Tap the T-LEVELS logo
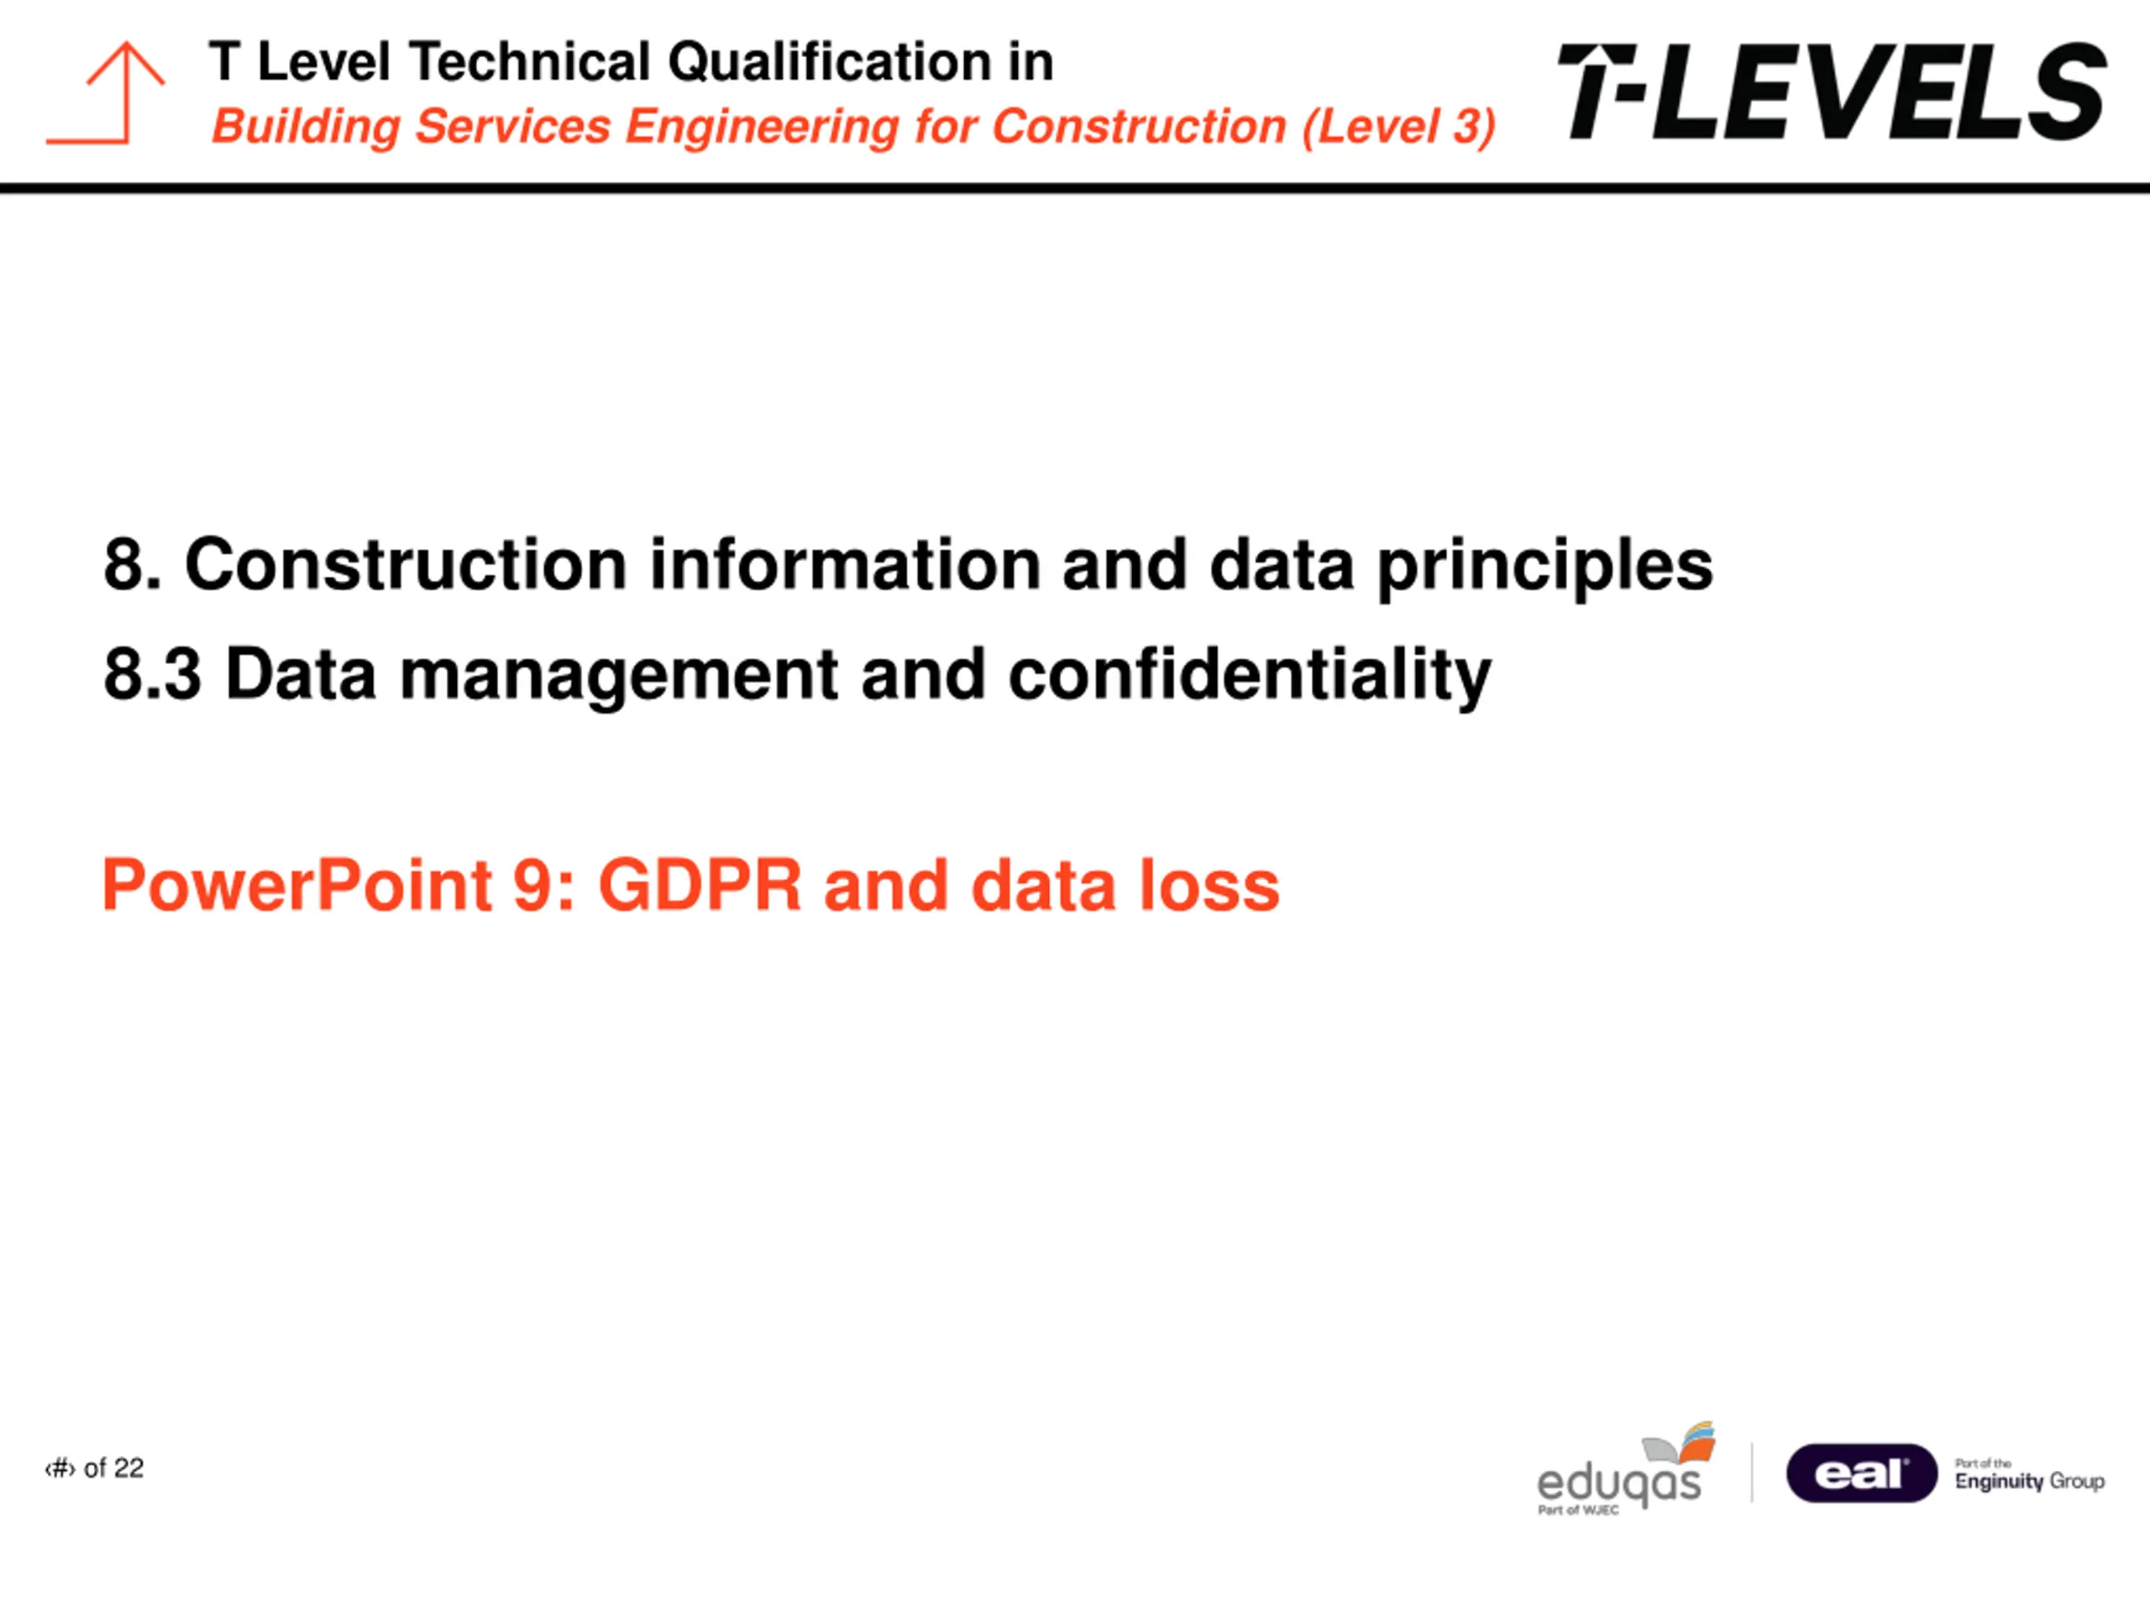(x=1833, y=92)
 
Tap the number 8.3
(x=153, y=674)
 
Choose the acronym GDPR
(x=700, y=885)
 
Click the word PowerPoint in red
(x=297, y=885)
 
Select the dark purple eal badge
(x=1861, y=1473)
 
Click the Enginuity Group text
(x=2029, y=1482)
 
